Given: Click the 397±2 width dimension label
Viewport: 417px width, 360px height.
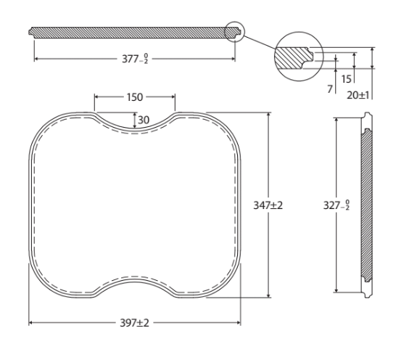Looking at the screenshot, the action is coord(135,323).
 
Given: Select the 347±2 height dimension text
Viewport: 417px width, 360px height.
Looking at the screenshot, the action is coord(268,205).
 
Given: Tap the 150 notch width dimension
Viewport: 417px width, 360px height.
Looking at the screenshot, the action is coord(135,97).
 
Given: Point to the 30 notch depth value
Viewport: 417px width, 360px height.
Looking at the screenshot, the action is coord(144,120).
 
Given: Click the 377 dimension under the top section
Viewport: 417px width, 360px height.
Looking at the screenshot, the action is coord(135,59).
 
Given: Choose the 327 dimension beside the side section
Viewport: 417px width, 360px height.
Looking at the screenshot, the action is coord(337,205).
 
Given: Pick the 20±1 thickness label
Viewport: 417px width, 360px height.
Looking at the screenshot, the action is coord(358,95).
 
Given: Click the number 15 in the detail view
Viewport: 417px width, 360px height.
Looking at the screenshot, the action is coord(346,79).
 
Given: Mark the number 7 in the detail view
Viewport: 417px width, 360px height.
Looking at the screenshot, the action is coord(330,89).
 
